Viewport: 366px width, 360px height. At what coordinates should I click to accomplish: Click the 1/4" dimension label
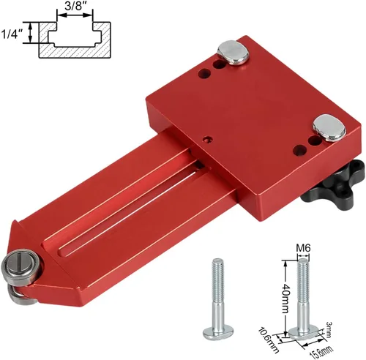tap(12, 34)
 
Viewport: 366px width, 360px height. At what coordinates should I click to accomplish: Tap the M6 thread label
tap(303, 248)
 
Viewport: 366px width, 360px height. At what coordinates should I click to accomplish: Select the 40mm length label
tap(285, 299)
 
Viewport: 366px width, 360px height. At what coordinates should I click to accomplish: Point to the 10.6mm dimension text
tap(269, 340)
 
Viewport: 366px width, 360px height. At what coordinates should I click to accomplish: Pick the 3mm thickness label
tap(328, 329)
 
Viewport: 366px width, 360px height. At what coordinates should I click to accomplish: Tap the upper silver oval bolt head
tap(234, 53)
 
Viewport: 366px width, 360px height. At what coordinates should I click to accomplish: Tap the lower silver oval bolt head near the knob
tap(329, 128)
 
